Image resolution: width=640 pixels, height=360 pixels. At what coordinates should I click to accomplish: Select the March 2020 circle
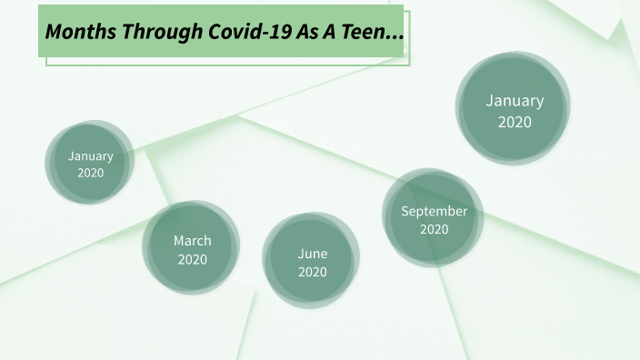pos(192,249)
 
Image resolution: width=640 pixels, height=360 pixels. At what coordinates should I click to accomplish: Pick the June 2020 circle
pos(312,262)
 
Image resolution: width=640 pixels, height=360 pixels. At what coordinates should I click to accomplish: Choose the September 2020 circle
pos(434,219)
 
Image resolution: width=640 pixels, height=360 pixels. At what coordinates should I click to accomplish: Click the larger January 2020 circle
pos(514,110)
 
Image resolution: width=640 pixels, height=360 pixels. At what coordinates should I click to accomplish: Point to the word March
pos(192,241)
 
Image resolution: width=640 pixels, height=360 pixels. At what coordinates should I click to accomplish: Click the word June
pos(312,254)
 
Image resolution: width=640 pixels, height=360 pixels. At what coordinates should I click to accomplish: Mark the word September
pos(434,211)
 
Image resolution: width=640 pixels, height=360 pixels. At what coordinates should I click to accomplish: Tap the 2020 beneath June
pos(312,272)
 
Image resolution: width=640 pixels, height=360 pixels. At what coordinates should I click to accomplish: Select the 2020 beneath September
pos(434,229)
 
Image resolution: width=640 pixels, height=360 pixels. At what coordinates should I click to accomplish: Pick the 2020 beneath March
pos(192,259)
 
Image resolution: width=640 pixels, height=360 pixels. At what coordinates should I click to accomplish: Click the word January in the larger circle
pos(514,101)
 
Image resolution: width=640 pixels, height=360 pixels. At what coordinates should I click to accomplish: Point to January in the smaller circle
pos(90,155)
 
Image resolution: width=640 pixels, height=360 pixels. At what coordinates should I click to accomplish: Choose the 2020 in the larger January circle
pos(514,121)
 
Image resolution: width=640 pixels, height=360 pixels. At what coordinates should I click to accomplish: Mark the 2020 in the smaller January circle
pos(90,173)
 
